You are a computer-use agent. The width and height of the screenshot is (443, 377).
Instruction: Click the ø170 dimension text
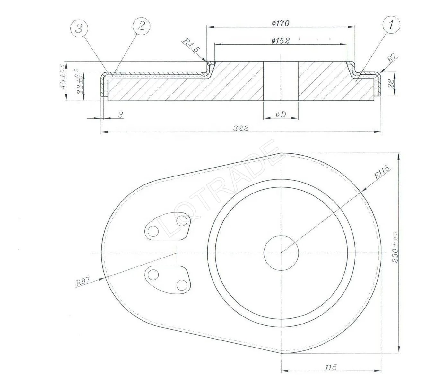280,23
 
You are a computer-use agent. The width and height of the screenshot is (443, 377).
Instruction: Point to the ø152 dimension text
280,41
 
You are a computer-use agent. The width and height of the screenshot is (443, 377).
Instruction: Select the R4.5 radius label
192,45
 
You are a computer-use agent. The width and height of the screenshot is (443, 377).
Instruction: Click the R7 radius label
392,59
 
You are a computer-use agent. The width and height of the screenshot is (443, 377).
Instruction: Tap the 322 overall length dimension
241,128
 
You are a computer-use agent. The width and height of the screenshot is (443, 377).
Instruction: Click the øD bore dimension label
280,114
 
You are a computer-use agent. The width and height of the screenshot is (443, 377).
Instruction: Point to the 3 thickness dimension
121,115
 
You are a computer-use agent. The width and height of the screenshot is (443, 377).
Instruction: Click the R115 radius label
382,172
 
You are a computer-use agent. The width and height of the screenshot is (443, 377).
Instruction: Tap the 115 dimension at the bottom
330,367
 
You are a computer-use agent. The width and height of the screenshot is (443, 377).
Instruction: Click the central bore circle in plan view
281,253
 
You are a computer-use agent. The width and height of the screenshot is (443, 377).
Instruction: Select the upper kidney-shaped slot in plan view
167,225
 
